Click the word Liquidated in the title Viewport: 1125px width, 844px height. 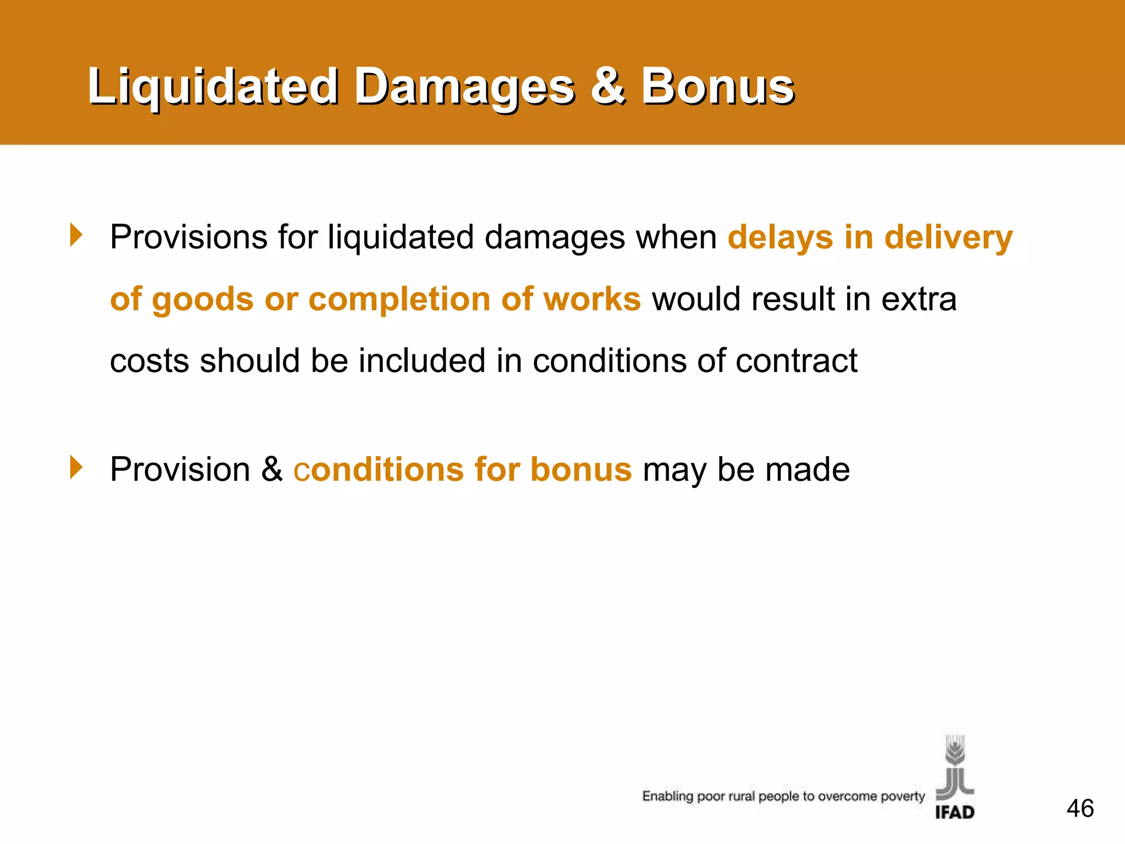tap(213, 87)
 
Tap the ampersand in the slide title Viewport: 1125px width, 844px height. tap(608, 87)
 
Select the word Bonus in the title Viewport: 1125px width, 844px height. tap(717, 87)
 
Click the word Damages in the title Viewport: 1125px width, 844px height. tap(464, 87)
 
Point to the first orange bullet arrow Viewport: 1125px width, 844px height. tap(76, 235)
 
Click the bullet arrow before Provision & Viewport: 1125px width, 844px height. tap(76, 468)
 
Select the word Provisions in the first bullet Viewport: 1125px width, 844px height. tap(188, 237)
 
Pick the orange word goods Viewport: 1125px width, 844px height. tap(202, 299)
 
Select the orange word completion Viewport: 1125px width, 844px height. tap(399, 299)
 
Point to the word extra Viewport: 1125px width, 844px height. tap(919, 299)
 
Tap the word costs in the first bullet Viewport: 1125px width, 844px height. tap(149, 361)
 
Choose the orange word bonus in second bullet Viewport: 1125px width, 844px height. tap(581, 470)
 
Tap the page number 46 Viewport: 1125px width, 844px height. tap(1080, 809)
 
